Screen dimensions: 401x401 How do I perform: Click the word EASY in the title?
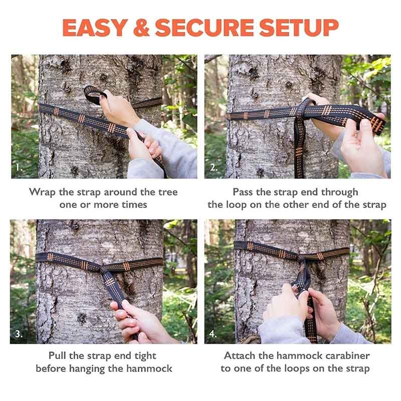[95, 28]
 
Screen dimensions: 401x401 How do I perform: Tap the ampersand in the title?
[141, 28]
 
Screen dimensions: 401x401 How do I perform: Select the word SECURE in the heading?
[205, 28]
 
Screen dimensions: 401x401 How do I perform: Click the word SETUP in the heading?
[299, 28]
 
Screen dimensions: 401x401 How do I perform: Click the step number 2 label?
[214, 167]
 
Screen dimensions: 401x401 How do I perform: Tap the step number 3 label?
[19, 334]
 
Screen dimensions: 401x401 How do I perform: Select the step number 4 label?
[213, 334]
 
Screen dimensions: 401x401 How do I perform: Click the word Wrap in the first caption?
[42, 192]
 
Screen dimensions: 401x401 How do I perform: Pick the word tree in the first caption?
[168, 192]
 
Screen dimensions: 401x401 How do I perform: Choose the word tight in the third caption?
[145, 356]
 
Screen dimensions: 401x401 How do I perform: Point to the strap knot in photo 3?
[104, 270]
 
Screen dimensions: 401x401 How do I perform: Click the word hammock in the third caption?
[149, 368]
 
